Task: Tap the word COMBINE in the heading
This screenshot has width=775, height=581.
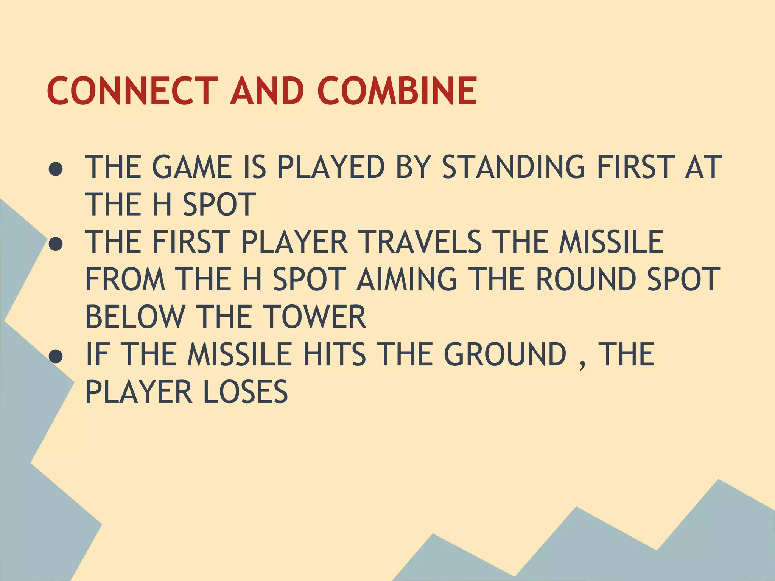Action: tap(397, 91)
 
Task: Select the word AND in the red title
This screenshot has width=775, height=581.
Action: tap(267, 91)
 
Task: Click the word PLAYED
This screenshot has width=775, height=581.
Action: tap(331, 167)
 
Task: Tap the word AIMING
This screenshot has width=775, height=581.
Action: tap(407, 279)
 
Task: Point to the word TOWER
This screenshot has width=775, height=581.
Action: tap(314, 317)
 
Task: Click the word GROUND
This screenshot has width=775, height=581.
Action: tap(505, 354)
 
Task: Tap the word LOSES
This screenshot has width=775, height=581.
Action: tap(246, 391)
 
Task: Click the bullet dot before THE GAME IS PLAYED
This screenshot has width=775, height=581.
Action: tap(56, 169)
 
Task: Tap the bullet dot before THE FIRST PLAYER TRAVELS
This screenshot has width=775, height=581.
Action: tap(56, 244)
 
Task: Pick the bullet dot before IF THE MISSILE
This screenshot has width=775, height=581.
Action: tap(56, 357)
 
